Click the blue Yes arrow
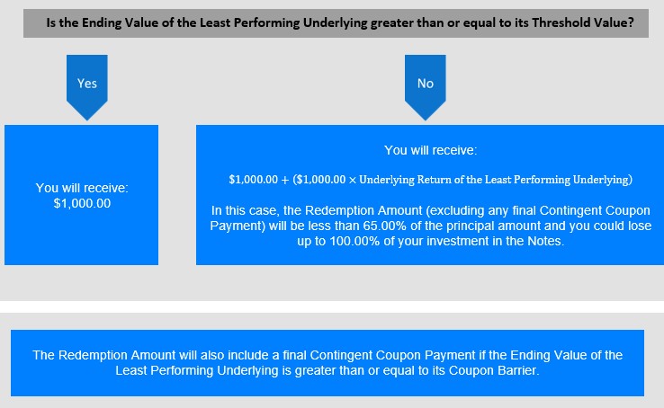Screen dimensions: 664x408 [86, 87]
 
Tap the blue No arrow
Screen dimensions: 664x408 [426, 87]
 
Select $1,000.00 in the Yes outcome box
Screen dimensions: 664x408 [82, 203]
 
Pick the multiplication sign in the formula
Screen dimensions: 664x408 [353, 180]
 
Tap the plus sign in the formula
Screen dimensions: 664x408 [285, 180]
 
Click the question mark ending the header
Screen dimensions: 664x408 [631, 22]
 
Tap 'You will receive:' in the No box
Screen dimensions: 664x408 [431, 150]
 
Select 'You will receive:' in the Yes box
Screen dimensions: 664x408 [82, 188]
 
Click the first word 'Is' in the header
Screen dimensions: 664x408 [50, 22]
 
